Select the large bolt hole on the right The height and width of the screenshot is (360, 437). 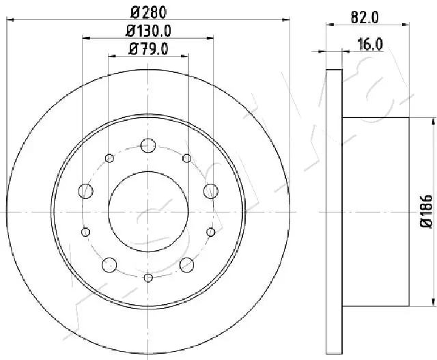coord(210,190)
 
